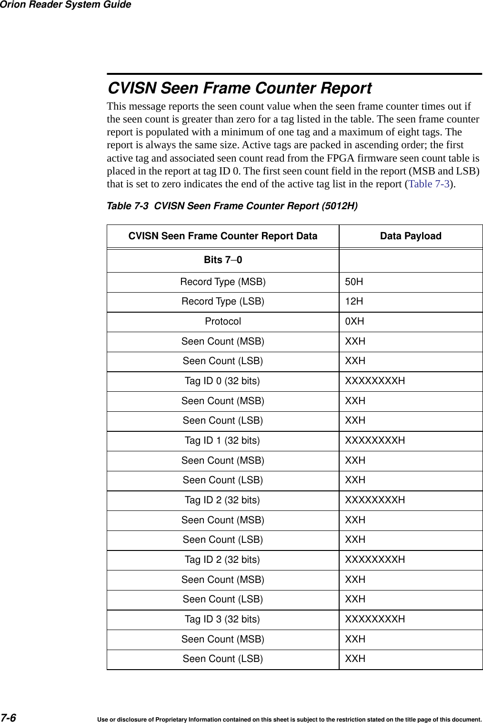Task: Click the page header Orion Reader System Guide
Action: (65, 5)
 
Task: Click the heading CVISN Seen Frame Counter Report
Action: (239, 88)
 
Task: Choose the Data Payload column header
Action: (410, 236)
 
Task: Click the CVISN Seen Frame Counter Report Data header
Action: (222, 236)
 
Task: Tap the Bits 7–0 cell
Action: (222, 260)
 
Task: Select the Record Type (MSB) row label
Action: (222, 282)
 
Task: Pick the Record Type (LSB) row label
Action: (222, 301)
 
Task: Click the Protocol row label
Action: (222, 321)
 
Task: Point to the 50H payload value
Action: (354, 282)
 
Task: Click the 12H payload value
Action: (354, 301)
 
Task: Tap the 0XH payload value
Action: (354, 321)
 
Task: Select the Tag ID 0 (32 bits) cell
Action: (222, 381)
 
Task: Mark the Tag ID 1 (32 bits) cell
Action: (222, 440)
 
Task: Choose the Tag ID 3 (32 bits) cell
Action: (222, 619)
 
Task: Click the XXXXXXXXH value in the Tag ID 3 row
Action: (375, 619)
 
